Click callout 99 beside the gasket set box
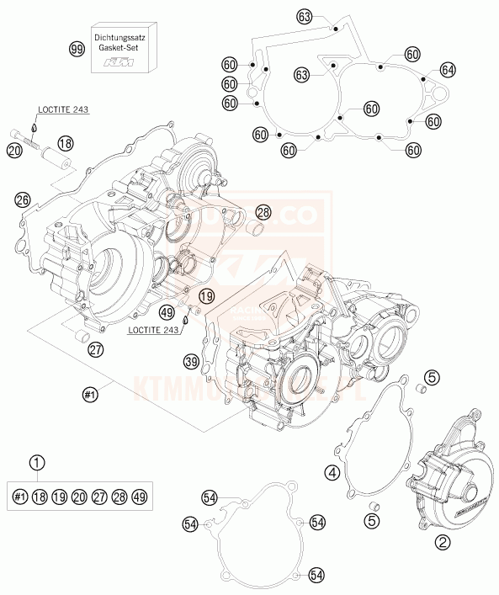click(77, 50)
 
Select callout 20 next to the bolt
click(13, 151)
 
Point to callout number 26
click(23, 199)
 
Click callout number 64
click(447, 69)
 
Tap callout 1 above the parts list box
click(36, 461)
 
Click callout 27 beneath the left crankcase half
click(97, 350)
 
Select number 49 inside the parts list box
click(139, 497)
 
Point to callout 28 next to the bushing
click(263, 212)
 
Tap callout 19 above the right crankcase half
click(206, 296)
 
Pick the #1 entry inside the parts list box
click(21, 497)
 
